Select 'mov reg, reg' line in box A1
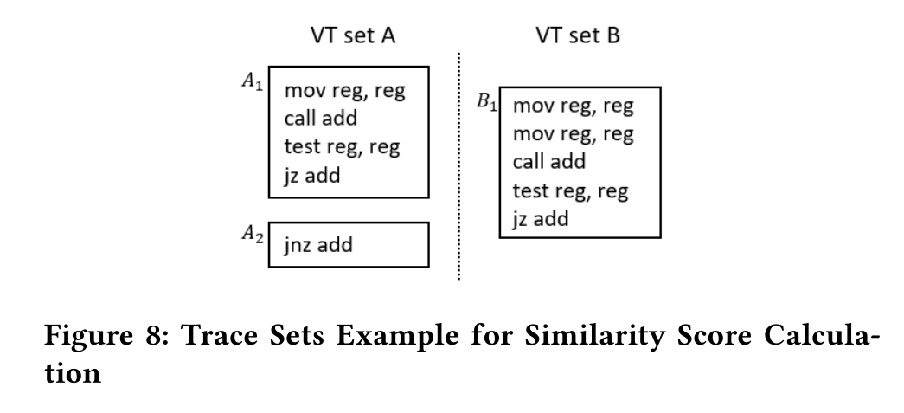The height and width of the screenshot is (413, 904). pyautogui.click(x=344, y=91)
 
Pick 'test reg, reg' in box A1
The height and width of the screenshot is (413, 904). pyautogui.click(x=342, y=146)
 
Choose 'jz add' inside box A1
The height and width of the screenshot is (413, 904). pyautogui.click(x=312, y=175)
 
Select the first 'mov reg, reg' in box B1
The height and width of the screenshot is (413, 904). pyautogui.click(x=573, y=106)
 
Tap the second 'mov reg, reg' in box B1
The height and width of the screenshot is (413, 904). pyautogui.click(x=573, y=134)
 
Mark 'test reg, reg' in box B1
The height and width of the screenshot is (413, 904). pyautogui.click(x=571, y=190)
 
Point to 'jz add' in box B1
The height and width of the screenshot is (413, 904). pyautogui.click(x=541, y=218)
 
